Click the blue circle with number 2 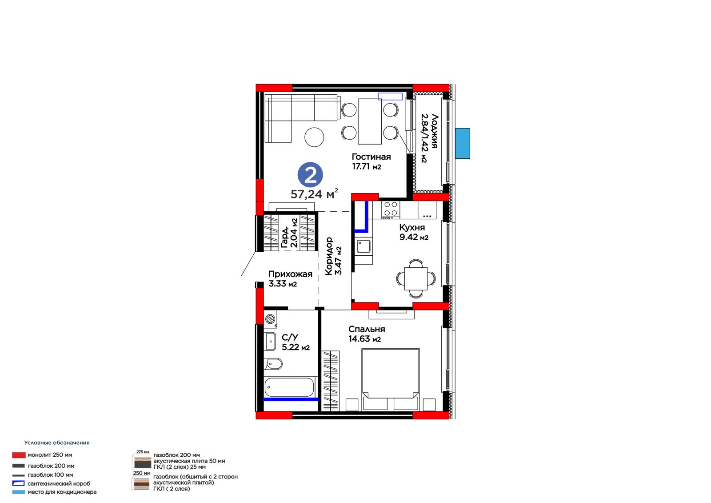310,175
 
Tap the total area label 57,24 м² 314,193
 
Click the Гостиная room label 371,157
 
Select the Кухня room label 411,227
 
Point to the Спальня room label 367,329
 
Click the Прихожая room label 290,274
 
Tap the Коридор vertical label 328,256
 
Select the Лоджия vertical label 434,131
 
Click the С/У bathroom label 290,337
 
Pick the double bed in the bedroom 391,379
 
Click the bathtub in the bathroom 289,387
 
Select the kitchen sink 363,246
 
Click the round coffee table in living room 314,137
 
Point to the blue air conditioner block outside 463,143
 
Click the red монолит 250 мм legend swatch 19,455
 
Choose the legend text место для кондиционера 62,492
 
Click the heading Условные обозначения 57,443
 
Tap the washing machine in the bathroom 270,319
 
